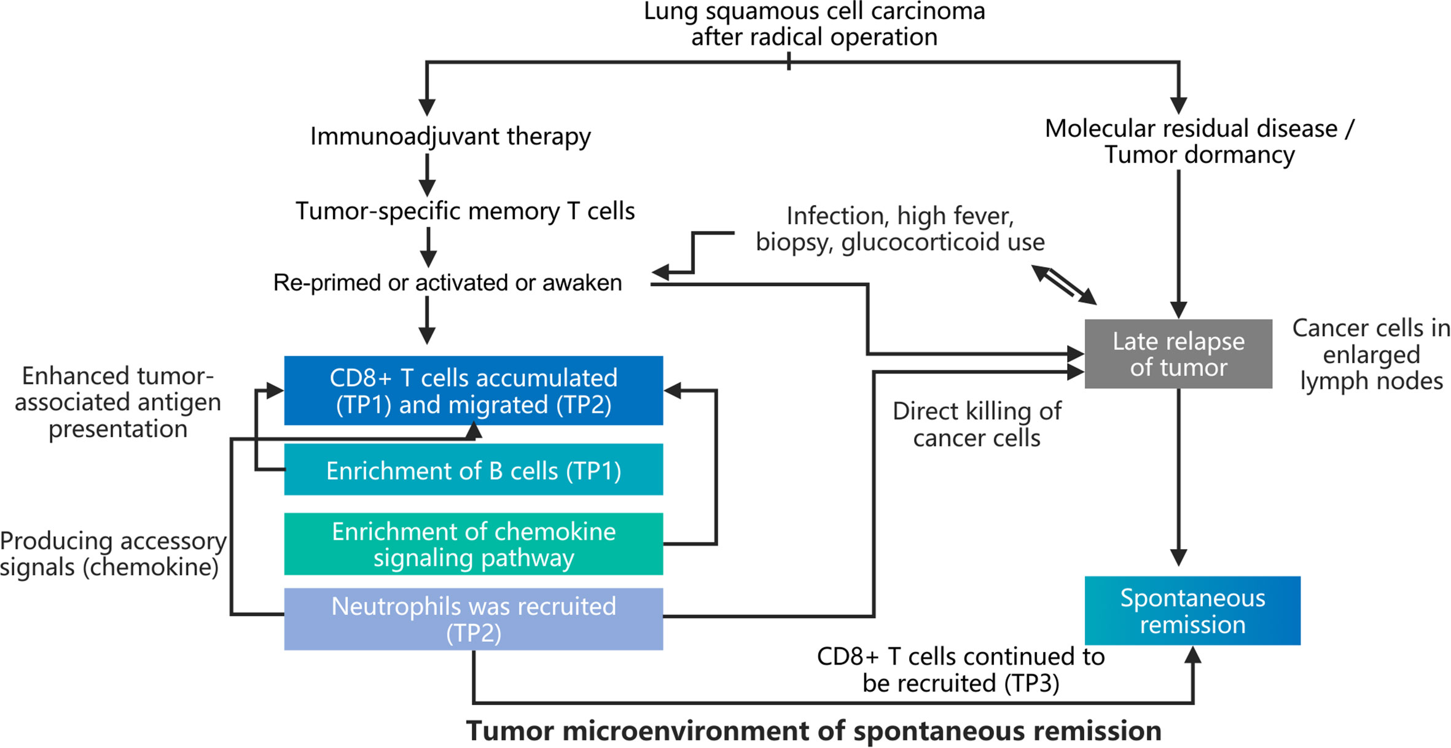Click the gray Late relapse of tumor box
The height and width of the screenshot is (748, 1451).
pyautogui.click(x=1178, y=354)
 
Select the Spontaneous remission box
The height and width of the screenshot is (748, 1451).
pyautogui.click(x=1192, y=610)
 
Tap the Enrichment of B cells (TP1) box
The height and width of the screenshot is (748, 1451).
pyautogui.click(x=473, y=470)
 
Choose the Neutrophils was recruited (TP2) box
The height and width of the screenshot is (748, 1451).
pyautogui.click(x=473, y=618)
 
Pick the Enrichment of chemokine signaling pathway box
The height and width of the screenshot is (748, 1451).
pyautogui.click(x=473, y=544)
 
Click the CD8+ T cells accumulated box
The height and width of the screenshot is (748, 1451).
pyautogui.click(x=473, y=391)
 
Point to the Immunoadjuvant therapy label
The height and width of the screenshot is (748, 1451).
pyautogui.click(x=450, y=136)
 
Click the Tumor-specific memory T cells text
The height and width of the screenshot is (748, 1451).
pyautogui.click(x=465, y=211)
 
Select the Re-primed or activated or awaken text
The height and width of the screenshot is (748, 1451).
pyautogui.click(x=447, y=282)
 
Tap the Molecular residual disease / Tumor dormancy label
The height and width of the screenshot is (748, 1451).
pyautogui.click(x=1199, y=141)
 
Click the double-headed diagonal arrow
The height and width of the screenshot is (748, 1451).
pyautogui.click(x=1064, y=285)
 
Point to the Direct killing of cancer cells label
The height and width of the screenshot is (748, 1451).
pyautogui.click(x=977, y=424)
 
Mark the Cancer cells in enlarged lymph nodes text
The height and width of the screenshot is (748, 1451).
pyautogui.click(x=1371, y=354)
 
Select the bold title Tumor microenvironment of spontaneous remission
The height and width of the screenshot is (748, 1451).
pyautogui.click(x=813, y=731)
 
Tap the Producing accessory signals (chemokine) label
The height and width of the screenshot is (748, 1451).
pyautogui.click(x=112, y=553)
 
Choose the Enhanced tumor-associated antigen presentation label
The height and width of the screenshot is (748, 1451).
pyautogui.click(x=117, y=402)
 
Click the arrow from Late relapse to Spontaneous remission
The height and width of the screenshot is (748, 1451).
pyautogui.click(x=1178, y=479)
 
